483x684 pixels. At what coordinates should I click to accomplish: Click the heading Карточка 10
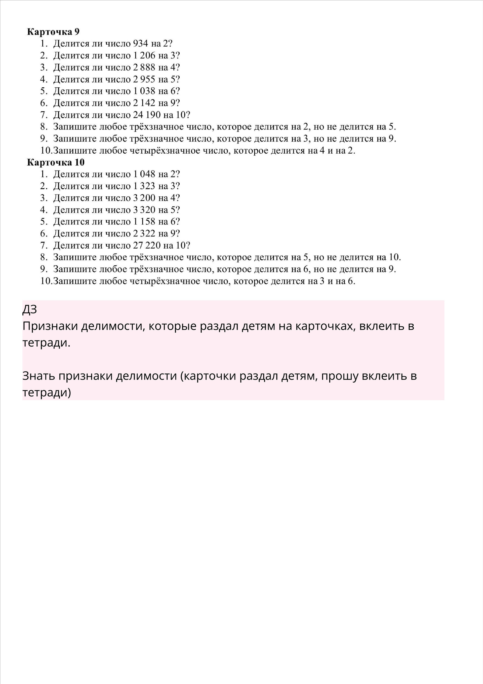click(56, 162)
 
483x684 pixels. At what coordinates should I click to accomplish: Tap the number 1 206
click(144, 56)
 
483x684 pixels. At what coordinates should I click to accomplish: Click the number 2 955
click(144, 80)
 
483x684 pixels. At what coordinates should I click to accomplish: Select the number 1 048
click(144, 174)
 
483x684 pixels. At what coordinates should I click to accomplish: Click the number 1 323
click(144, 186)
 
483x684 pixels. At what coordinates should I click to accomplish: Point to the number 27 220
click(147, 246)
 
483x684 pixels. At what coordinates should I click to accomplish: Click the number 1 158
click(144, 222)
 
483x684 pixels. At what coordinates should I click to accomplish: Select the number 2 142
click(144, 103)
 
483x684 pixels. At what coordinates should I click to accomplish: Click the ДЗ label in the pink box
click(29, 310)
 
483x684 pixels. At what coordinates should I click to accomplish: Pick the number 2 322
click(144, 233)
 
